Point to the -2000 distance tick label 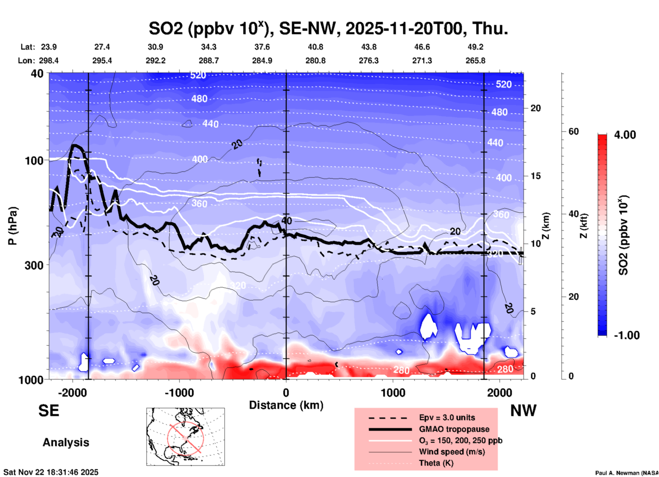click(72, 392)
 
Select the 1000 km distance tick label click(393, 392)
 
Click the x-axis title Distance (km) click(286, 405)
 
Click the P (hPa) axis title click(13, 226)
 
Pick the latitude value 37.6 click(262, 47)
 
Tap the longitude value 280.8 click(315, 61)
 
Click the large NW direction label click(523, 411)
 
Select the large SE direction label click(49, 411)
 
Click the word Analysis click(66, 442)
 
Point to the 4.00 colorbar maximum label click(625, 134)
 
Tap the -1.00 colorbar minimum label click(626, 335)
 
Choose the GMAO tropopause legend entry click(454, 429)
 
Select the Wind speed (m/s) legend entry click(452, 452)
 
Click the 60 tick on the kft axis click(573, 131)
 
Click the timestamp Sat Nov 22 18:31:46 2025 click(51, 472)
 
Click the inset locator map click(185, 437)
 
